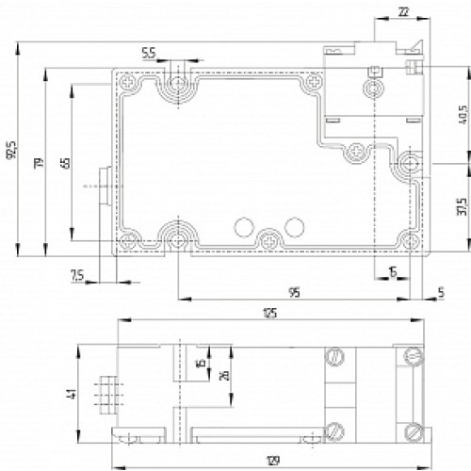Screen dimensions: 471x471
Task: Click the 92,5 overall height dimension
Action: click(11, 151)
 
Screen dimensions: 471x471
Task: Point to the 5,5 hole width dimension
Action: click(149, 53)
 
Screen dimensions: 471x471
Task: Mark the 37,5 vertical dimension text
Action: click(460, 205)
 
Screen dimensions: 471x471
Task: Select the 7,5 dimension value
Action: click(78, 275)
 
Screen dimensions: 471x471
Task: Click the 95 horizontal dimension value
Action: click(294, 293)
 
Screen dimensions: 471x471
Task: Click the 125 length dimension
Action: click(269, 313)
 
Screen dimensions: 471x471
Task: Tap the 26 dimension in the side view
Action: click(224, 375)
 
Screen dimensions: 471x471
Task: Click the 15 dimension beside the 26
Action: click(200, 364)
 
